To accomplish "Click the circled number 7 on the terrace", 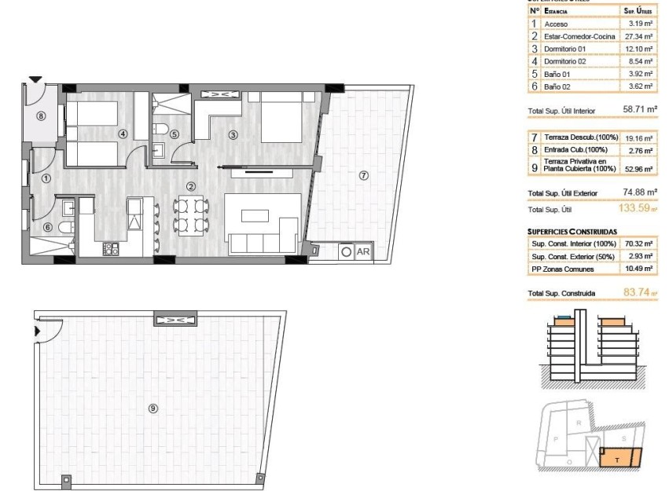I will tap(363, 175).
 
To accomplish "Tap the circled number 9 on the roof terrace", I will tap(153, 407).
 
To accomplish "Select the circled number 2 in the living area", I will tap(191, 186).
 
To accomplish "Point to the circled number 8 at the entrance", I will tap(42, 115).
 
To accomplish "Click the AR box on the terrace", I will tap(364, 252).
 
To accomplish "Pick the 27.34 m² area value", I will tap(638, 36).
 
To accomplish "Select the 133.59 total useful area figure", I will tap(634, 209).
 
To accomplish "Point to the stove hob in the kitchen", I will tap(110, 249).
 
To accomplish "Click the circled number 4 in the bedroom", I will tap(123, 134).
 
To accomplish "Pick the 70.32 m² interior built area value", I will tap(638, 244).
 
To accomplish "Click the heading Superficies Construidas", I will tap(572, 232).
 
